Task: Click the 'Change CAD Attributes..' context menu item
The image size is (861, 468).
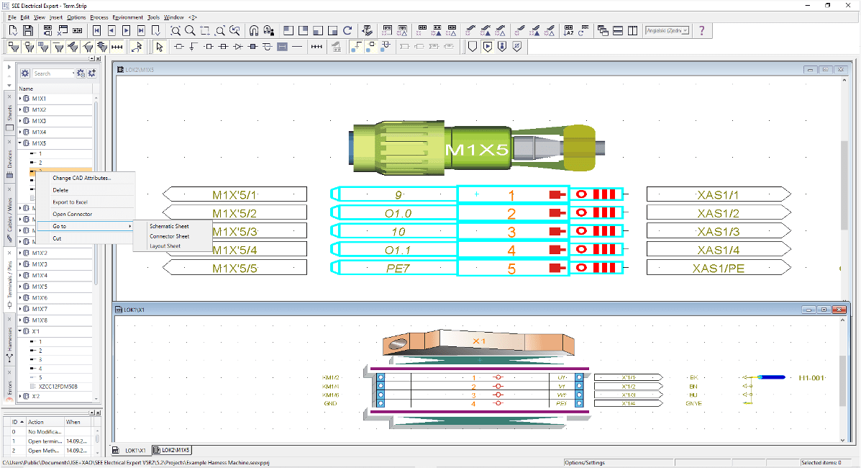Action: point(81,178)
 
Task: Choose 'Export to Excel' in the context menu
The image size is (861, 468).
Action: point(70,202)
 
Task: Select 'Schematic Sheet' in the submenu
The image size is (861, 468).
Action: point(169,226)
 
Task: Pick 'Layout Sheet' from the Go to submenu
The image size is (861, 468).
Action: point(165,246)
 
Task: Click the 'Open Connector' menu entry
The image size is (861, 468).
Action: point(72,214)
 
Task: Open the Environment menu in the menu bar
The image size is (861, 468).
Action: point(127,17)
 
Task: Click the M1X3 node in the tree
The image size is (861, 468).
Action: point(39,121)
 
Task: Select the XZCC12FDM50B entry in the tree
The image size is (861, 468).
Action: point(57,387)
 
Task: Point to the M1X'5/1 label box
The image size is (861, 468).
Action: point(234,194)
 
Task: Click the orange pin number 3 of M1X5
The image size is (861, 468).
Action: point(511,232)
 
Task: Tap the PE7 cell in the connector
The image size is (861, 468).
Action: point(398,268)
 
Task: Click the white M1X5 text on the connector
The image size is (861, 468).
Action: point(477,150)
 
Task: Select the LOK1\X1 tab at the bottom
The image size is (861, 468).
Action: point(135,450)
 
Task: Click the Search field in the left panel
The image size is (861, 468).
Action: point(53,73)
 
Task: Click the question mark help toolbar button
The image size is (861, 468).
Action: point(701,30)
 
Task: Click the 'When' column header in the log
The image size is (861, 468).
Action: point(73,422)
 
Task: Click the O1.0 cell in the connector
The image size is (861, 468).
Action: point(398,213)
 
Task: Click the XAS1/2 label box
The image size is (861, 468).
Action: point(717,213)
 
